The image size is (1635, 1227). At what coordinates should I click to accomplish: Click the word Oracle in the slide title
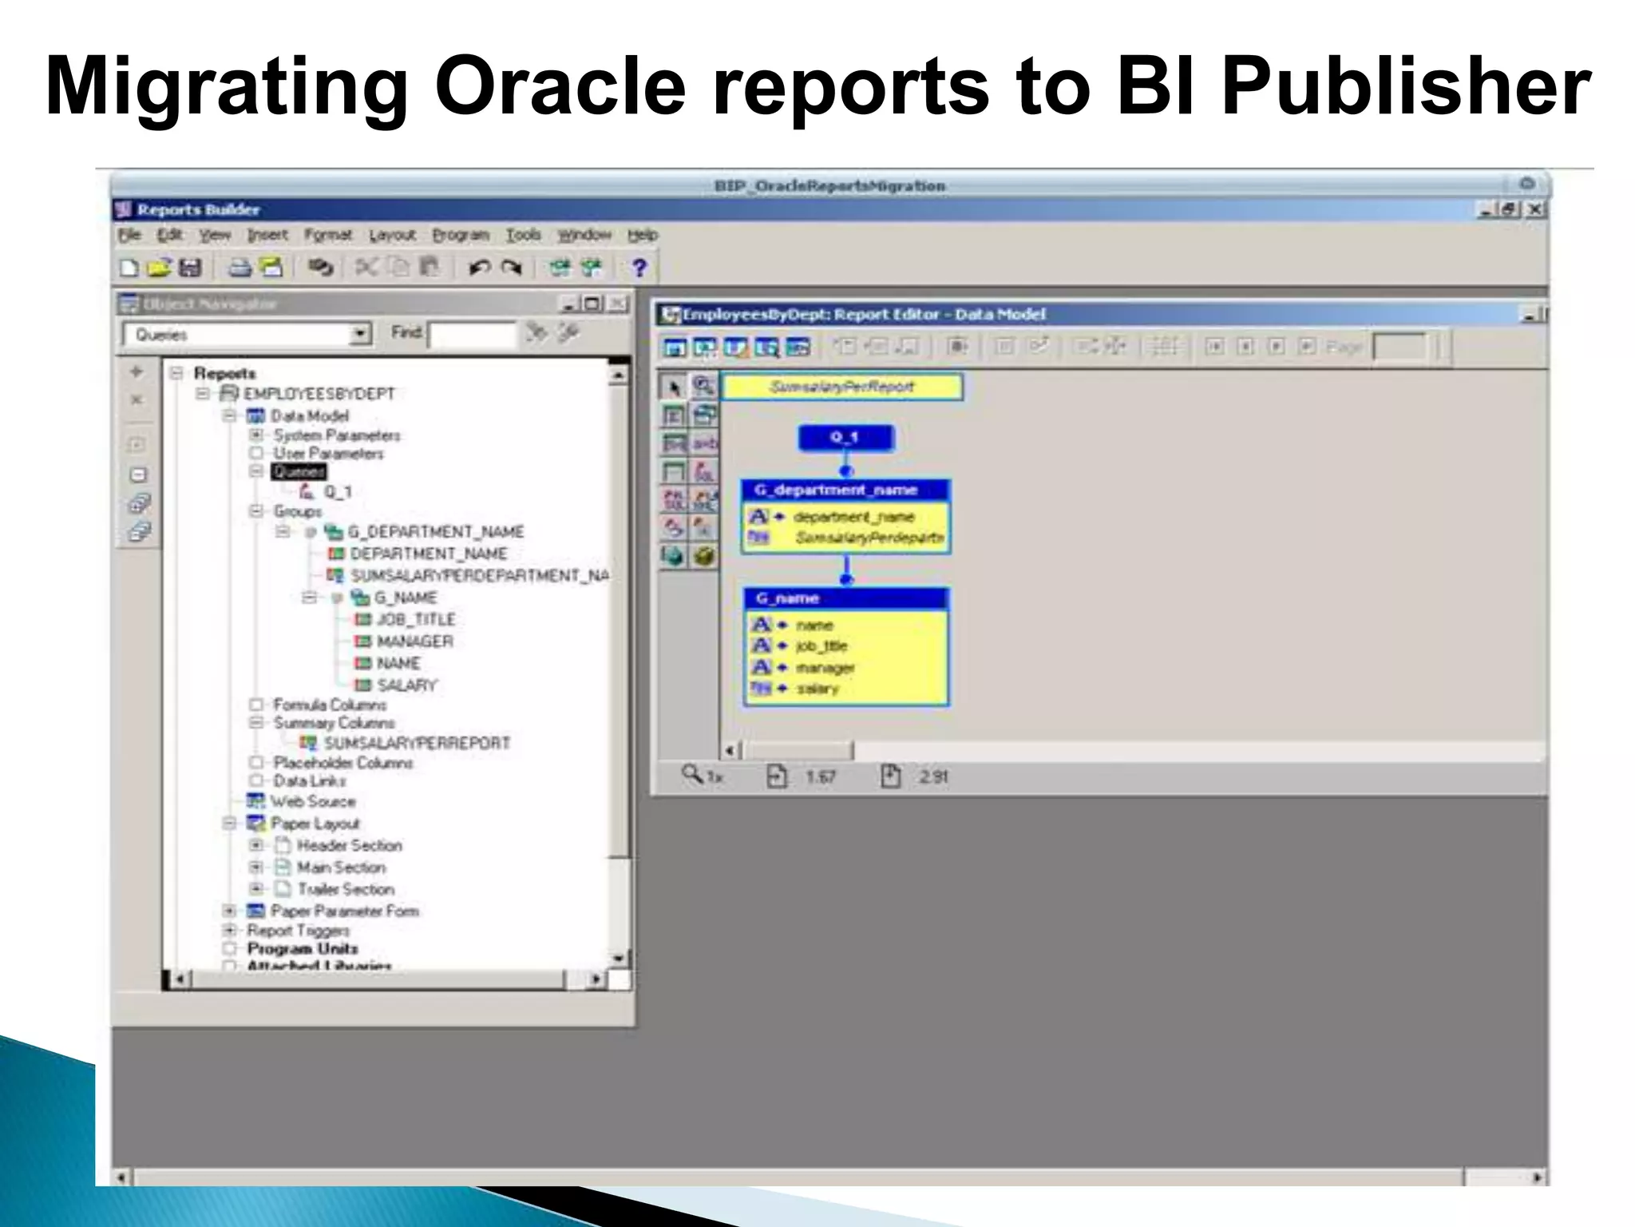click(x=560, y=86)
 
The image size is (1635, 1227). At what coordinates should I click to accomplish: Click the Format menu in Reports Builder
click(x=327, y=235)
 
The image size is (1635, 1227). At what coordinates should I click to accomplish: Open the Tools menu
click(x=523, y=235)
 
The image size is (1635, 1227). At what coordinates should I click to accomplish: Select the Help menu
click(x=642, y=235)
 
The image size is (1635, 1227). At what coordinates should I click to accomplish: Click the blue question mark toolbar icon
click(x=639, y=268)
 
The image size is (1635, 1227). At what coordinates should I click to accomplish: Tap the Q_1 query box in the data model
click(x=845, y=438)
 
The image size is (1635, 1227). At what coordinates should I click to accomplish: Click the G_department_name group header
click(x=845, y=490)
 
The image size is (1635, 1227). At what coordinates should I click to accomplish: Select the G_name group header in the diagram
click(x=845, y=598)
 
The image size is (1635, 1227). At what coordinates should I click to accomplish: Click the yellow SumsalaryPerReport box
click(x=841, y=387)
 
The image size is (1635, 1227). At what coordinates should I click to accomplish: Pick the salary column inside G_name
click(x=817, y=688)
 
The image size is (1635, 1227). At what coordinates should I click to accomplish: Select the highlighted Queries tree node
click(x=299, y=472)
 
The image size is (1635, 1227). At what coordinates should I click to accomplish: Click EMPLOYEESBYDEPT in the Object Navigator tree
click(x=319, y=394)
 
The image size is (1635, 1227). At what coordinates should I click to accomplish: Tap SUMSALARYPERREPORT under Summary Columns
click(x=416, y=743)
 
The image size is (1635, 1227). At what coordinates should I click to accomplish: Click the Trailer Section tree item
click(x=346, y=889)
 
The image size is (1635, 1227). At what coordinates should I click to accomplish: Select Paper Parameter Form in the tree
click(x=344, y=911)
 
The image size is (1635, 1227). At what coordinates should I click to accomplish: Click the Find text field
click(x=472, y=335)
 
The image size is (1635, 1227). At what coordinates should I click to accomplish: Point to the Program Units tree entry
click(x=302, y=948)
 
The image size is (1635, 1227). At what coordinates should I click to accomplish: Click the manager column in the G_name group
click(x=825, y=667)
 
